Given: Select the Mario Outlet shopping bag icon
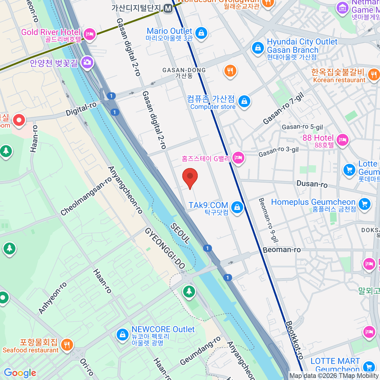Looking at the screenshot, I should tap(201, 33).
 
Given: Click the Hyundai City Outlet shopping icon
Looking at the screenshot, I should tap(258, 48).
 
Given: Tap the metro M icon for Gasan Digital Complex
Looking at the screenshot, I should tap(168, 8).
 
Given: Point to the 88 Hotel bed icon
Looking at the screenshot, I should tap(342, 140).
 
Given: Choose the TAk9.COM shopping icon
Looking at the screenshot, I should tap(237, 207).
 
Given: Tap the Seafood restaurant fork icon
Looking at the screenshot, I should tap(66, 345).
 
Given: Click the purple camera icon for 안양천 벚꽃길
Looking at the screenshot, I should tap(87, 62).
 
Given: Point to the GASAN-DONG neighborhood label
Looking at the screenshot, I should tap(184, 73).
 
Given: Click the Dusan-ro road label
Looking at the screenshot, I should tap(312, 184).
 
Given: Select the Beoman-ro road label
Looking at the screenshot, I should tap(282, 250).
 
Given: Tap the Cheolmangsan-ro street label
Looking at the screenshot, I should tap(86, 196).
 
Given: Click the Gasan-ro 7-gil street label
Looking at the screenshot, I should tap(283, 109).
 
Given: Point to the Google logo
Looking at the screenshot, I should tap(20, 373).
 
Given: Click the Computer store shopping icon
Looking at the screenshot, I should tap(244, 101).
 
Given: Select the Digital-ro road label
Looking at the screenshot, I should tap(81, 109).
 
